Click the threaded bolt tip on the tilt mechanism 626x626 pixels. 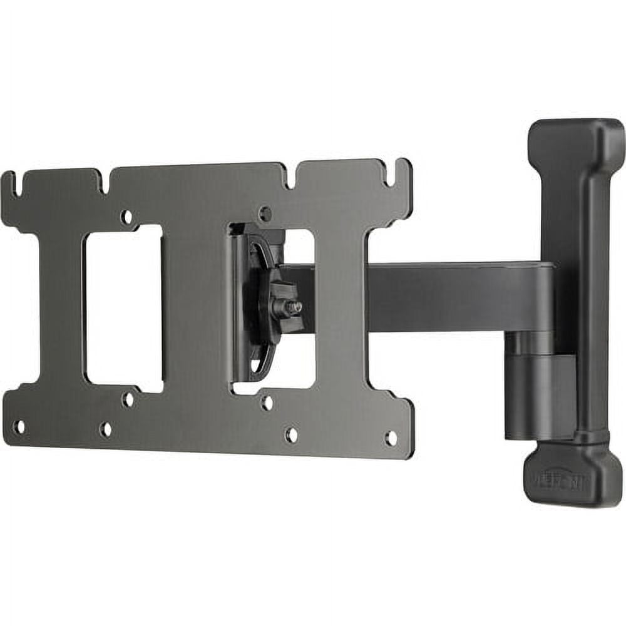click(x=295, y=307)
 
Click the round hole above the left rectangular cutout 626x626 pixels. click(x=126, y=217)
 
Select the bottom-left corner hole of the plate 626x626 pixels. click(x=19, y=427)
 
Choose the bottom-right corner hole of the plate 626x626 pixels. click(x=391, y=438)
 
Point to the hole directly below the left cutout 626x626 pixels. click(x=128, y=399)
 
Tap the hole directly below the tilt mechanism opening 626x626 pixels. click(x=267, y=403)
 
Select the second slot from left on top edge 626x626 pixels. click(x=105, y=182)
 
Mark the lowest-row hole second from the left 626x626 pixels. click(x=105, y=429)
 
